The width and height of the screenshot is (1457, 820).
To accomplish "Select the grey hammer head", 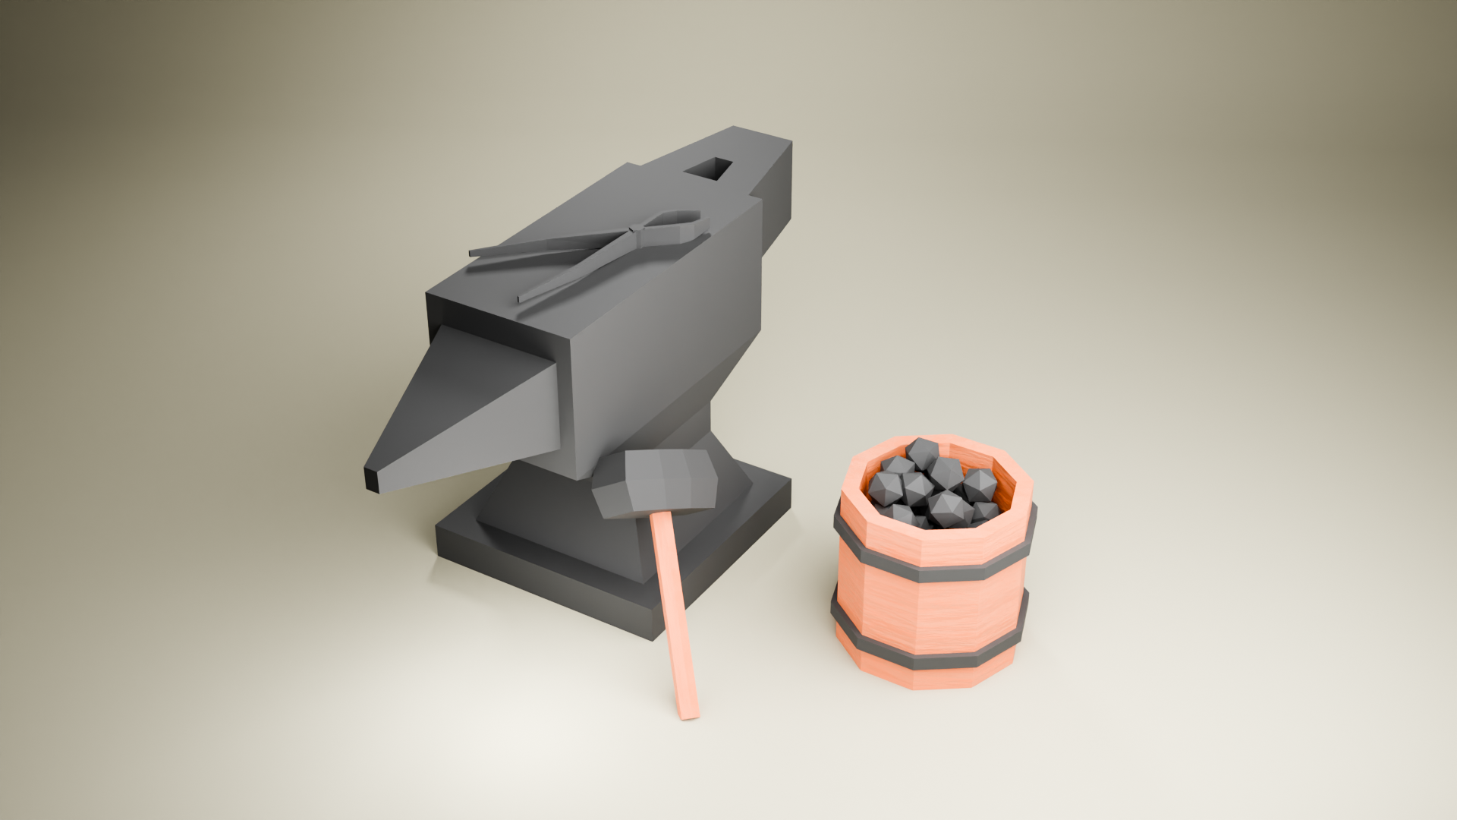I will tap(656, 483).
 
